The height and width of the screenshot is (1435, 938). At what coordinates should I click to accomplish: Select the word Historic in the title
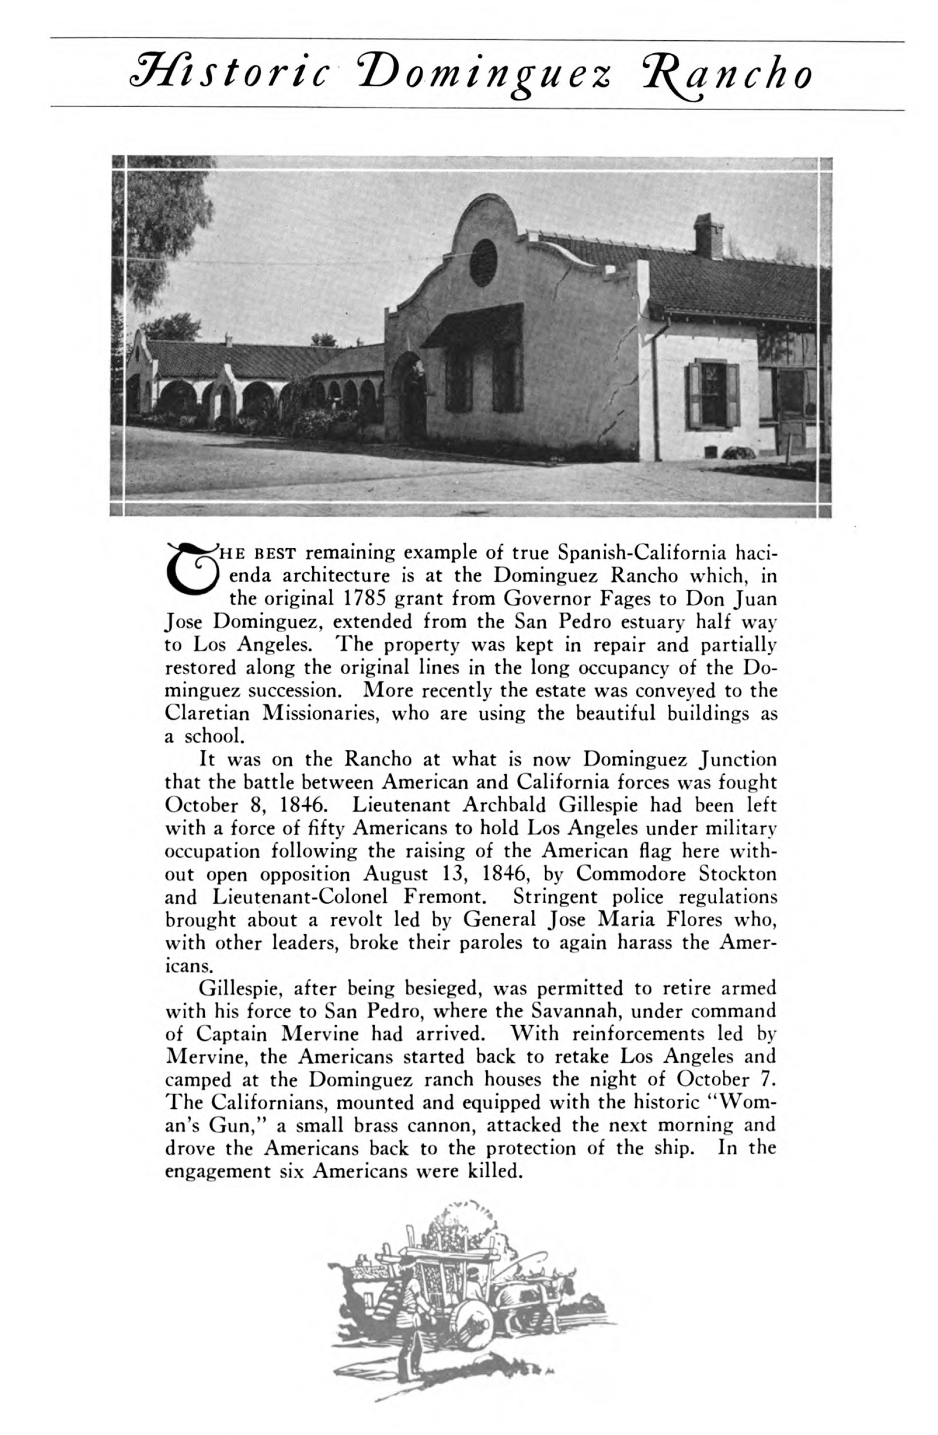(x=229, y=76)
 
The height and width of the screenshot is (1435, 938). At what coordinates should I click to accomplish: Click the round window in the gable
(x=483, y=262)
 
